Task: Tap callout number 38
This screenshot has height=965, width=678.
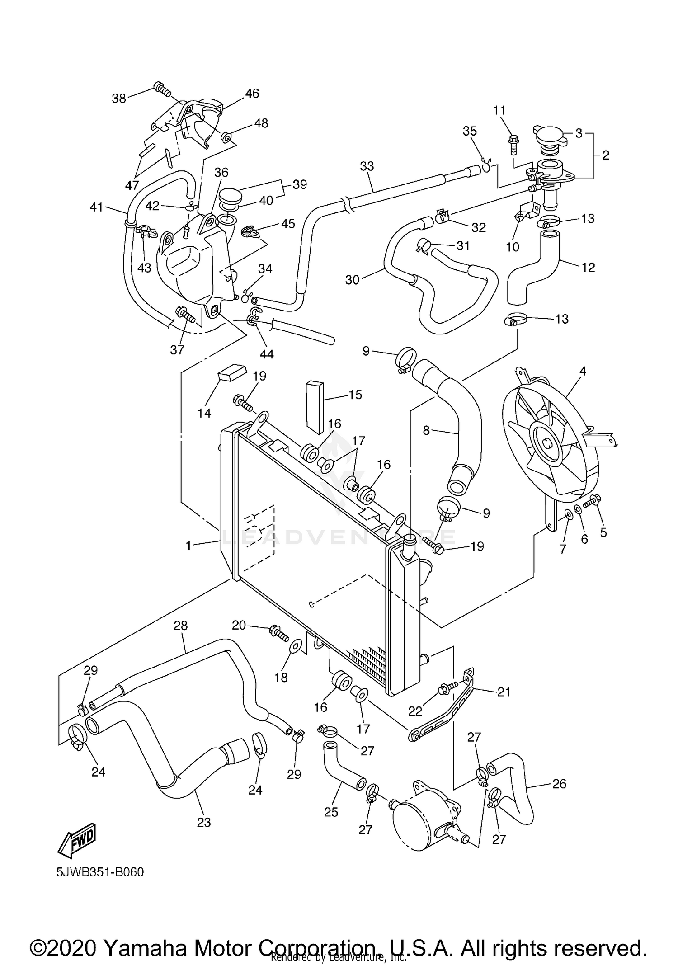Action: (119, 98)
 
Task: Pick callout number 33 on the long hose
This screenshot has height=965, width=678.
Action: (367, 166)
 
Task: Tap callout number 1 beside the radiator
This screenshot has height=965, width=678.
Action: (189, 546)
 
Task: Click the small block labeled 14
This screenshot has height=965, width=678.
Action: (232, 372)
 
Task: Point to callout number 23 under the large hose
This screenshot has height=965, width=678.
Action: (204, 822)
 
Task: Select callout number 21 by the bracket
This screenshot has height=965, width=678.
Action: (504, 692)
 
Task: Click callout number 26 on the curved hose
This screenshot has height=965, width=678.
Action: (559, 783)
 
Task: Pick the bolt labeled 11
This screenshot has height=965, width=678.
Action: (514, 142)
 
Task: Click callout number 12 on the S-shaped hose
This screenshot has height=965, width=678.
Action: (588, 267)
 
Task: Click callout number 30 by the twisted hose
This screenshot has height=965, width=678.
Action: (352, 280)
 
